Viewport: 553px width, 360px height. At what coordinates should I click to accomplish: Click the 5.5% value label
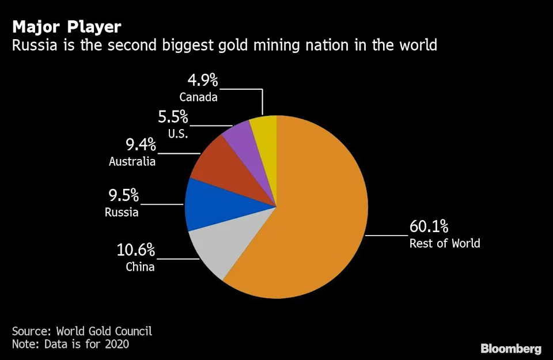click(x=173, y=117)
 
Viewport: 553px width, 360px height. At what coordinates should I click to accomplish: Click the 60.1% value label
click(x=429, y=226)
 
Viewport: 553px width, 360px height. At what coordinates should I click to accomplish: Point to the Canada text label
click(x=198, y=97)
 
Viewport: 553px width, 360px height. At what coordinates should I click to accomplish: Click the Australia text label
click(x=132, y=161)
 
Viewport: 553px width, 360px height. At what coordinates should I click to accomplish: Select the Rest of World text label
click(x=444, y=243)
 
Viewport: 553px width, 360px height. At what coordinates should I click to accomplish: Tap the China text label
click(x=140, y=267)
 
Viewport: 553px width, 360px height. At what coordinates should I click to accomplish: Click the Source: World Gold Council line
click(x=82, y=331)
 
